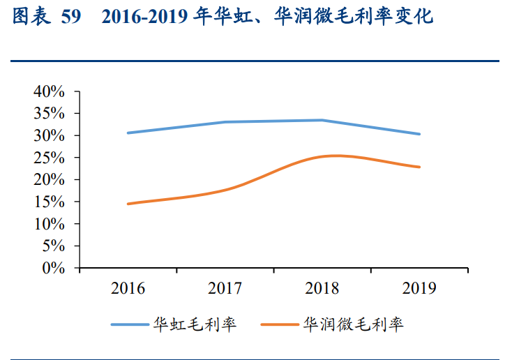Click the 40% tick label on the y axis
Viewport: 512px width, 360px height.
click(49, 91)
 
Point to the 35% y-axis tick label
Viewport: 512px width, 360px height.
click(49, 113)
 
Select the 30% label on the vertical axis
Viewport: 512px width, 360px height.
click(49, 135)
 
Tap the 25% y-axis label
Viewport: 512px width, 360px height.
click(49, 158)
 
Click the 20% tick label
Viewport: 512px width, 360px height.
click(49, 180)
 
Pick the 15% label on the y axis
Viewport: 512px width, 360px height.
click(49, 202)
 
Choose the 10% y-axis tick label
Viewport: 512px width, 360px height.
click(49, 224)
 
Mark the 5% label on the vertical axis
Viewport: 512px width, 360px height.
click(53, 246)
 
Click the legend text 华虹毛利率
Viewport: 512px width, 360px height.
click(195, 324)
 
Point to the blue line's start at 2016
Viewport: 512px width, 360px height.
click(128, 133)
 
